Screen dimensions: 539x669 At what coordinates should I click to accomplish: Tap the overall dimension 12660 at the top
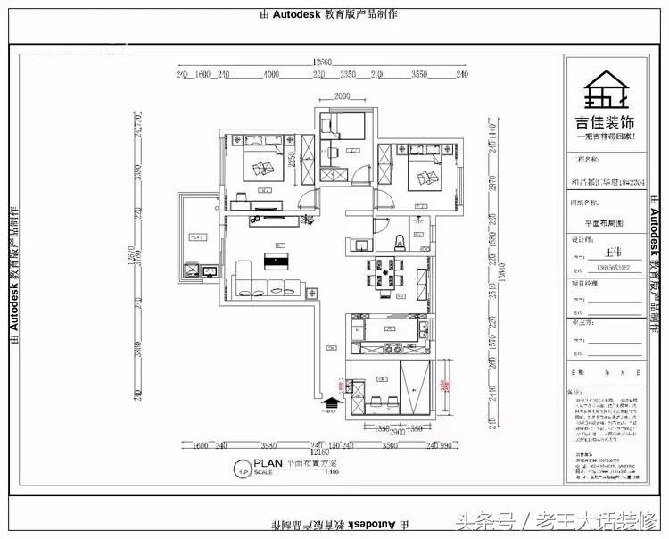tap(322, 62)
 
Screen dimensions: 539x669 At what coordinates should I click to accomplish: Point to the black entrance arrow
tap(330, 403)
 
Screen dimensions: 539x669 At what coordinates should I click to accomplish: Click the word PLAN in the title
tap(268, 463)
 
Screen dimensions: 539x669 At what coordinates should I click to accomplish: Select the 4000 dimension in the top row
tap(271, 75)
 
